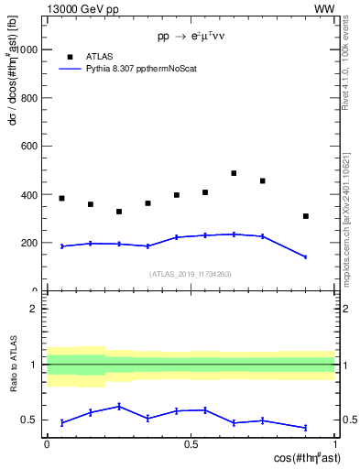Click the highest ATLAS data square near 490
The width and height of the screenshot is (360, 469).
point(234,173)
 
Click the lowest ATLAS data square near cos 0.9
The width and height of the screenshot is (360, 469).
point(306,216)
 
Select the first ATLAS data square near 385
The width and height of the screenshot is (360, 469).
point(61,198)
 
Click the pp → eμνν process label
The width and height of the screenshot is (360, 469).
point(191,37)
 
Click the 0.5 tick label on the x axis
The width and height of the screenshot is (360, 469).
point(191,444)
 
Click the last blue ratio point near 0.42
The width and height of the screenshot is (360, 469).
point(306,428)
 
